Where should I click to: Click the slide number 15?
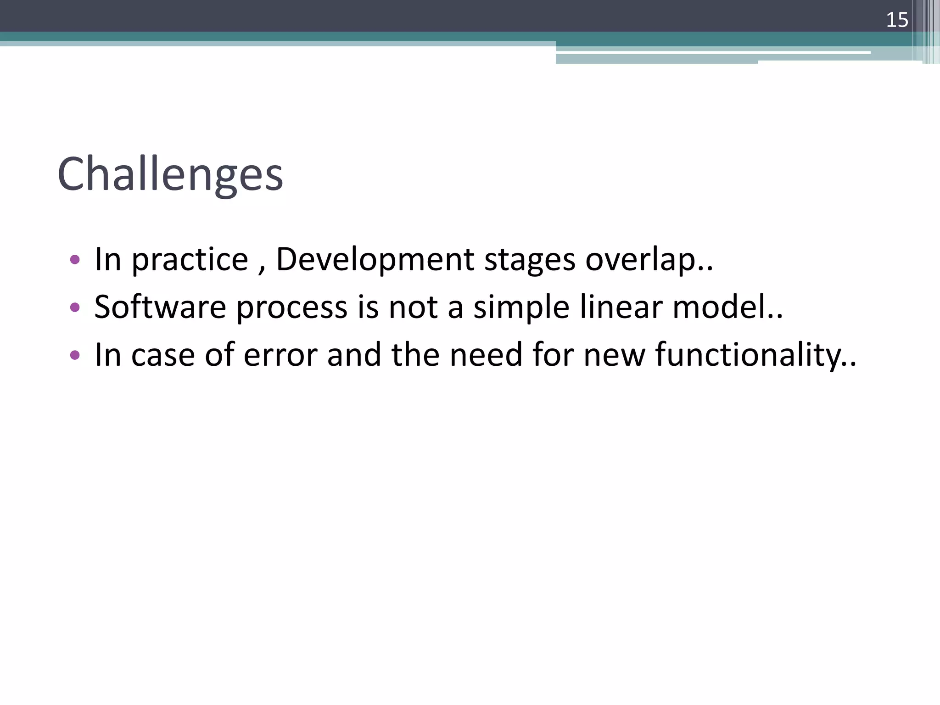coord(897,20)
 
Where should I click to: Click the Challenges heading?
coord(170,174)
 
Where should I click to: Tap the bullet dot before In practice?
coord(75,260)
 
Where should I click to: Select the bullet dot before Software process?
coord(75,307)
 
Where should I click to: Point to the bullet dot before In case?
coord(75,355)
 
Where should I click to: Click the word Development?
coord(375,260)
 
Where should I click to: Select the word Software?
coord(160,307)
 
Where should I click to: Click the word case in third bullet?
coord(163,356)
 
